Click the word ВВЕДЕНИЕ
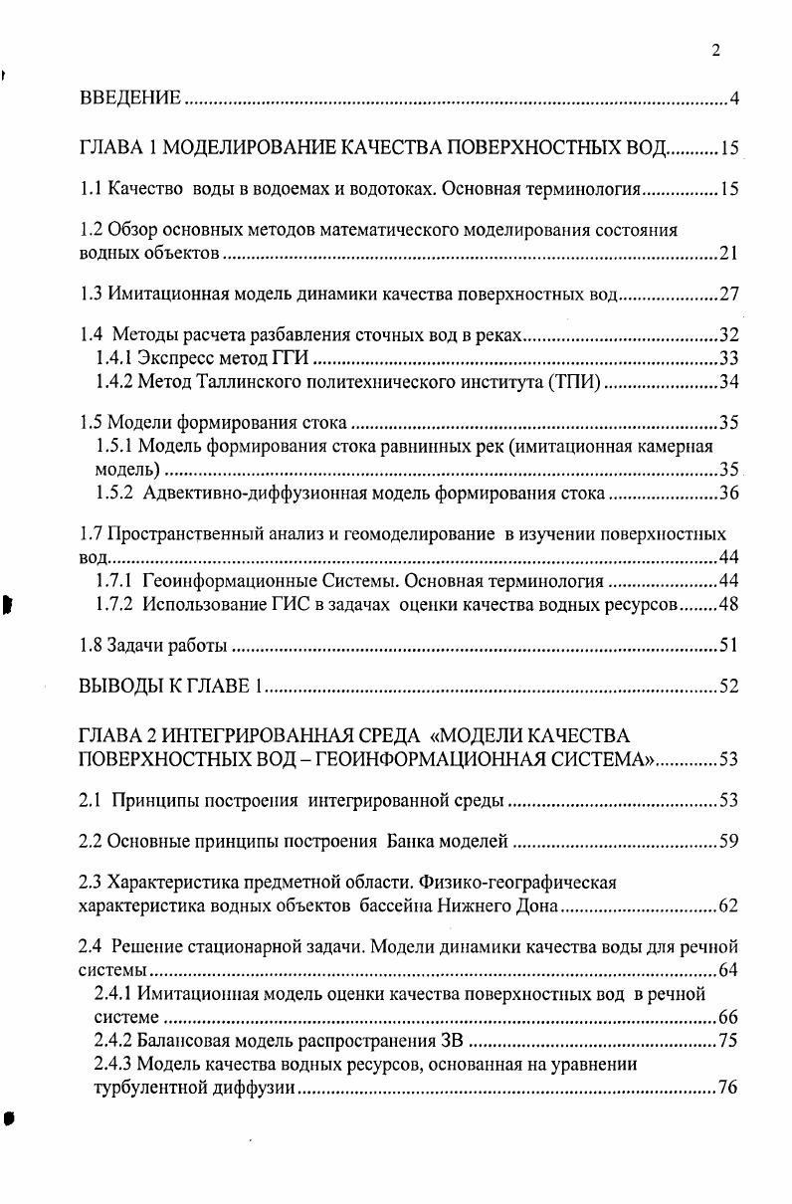pyautogui.click(x=129, y=98)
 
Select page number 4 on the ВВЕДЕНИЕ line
pyautogui.click(x=733, y=98)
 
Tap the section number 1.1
pyautogui.click(x=91, y=187)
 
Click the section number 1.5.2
pyautogui.click(x=115, y=494)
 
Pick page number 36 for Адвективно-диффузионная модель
pyautogui.click(x=727, y=494)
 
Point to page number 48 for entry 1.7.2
pyautogui.click(x=727, y=604)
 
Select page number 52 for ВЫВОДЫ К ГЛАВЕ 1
pyautogui.click(x=727, y=688)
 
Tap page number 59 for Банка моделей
pyautogui.click(x=727, y=842)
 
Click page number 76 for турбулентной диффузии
pyautogui.click(x=727, y=1088)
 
